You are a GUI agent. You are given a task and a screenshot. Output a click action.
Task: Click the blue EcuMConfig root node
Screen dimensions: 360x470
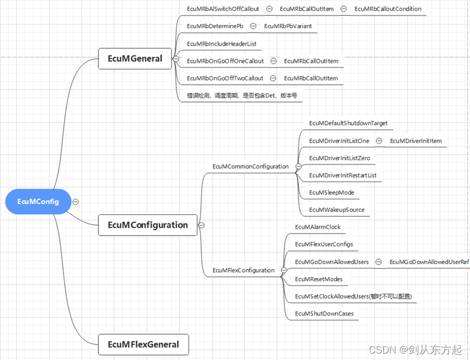tap(39, 201)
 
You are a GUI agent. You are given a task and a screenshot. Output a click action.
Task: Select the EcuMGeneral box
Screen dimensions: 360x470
tap(135, 58)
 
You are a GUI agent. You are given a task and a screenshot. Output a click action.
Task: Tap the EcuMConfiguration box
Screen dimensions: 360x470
tap(148, 225)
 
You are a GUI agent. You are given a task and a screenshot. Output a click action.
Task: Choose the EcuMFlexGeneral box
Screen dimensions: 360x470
tap(143, 344)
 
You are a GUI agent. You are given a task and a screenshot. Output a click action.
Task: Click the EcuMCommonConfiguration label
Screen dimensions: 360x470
tap(250, 167)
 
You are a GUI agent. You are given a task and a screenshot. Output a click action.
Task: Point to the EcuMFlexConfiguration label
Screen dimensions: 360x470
tap(243, 270)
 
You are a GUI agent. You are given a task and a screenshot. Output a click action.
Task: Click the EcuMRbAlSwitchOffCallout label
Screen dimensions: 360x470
tap(223, 9)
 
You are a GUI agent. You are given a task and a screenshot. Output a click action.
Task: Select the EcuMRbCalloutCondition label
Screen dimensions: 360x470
tap(387, 9)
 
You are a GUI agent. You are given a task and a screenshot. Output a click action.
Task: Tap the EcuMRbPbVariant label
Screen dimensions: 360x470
tap(288, 26)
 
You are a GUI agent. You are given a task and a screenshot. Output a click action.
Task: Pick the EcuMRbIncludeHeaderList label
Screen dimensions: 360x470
tap(222, 43)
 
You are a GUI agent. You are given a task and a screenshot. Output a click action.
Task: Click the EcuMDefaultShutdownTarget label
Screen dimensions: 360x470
tap(348, 123)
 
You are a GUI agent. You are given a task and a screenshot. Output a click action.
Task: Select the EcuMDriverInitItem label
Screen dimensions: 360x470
tap(416, 141)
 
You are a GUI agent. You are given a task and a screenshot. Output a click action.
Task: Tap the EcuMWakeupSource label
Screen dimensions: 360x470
tap(337, 210)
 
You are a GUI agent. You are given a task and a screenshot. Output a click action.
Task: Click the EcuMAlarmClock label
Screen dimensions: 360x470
tap(318, 227)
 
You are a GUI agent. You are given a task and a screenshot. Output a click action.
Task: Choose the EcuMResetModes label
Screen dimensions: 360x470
tap(319, 279)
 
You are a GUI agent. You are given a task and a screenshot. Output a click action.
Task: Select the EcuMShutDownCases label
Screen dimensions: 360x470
tap(324, 314)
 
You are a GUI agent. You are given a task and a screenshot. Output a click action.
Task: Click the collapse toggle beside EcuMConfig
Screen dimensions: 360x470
tap(76, 201)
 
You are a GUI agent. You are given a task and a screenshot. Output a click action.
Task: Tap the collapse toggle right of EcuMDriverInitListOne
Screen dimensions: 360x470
tap(379, 141)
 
